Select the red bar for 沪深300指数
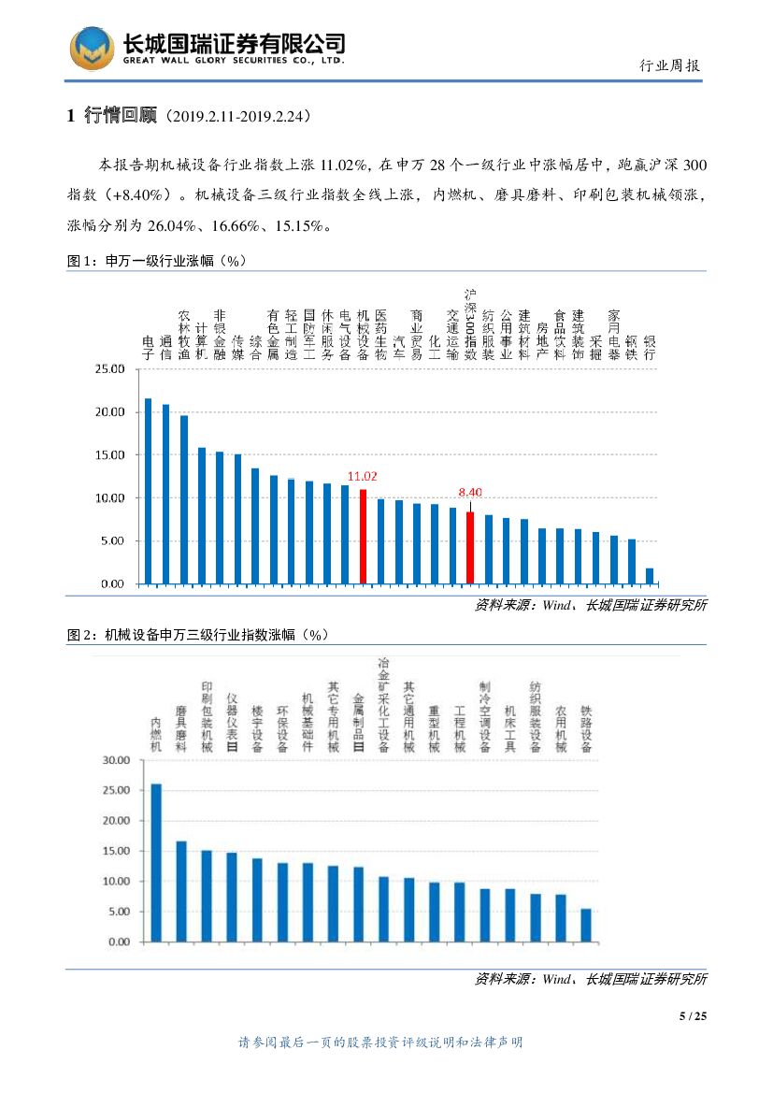470,548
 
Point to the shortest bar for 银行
650,576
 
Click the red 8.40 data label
469,492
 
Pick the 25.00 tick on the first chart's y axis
110,369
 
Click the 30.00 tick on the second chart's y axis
117,760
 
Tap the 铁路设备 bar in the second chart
586,925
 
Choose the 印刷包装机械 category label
207,717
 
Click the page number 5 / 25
693,1016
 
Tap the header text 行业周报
669,65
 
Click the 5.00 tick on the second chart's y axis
120,912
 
